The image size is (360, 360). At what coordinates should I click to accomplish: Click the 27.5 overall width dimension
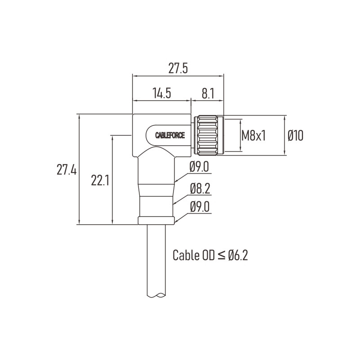click(x=178, y=68)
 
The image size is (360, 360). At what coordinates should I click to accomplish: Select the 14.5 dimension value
click(x=162, y=93)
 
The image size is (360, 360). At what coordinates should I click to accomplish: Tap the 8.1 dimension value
click(x=208, y=93)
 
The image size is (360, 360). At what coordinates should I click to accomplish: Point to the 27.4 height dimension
click(x=67, y=170)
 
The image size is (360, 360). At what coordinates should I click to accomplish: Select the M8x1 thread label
click(x=253, y=135)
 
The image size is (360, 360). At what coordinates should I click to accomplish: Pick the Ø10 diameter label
click(x=295, y=135)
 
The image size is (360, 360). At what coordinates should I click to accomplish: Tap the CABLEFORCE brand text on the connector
click(x=170, y=135)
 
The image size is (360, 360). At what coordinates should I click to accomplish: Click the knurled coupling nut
click(x=206, y=135)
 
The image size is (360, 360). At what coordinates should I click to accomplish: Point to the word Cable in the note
click(x=186, y=255)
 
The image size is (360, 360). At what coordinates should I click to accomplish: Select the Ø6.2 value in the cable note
click(x=238, y=255)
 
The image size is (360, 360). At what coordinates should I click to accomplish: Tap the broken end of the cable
click(x=156, y=295)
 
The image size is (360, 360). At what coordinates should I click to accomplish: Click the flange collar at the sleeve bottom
click(x=156, y=220)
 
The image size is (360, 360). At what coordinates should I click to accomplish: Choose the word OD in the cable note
click(x=208, y=255)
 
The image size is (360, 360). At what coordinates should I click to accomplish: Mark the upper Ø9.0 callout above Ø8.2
click(x=199, y=167)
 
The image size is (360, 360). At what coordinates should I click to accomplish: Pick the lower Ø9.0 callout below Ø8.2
click(x=200, y=207)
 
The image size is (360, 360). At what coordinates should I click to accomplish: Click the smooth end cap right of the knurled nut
click(x=221, y=135)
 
